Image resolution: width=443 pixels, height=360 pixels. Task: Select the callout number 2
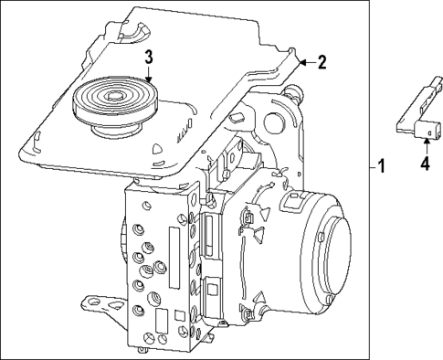[x=321, y=62]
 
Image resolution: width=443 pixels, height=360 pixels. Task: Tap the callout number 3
[x=148, y=58]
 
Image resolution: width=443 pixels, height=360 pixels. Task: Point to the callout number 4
[x=424, y=164]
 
